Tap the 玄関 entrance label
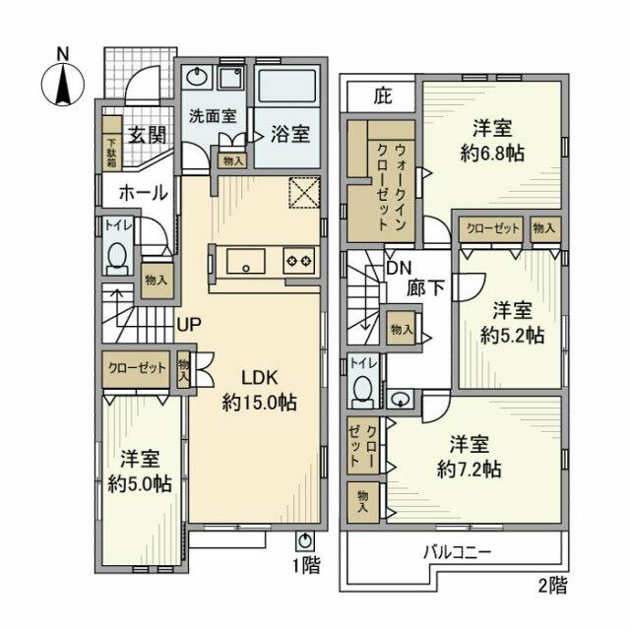pyautogui.click(x=145, y=136)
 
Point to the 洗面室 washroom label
pyautogui.click(x=212, y=114)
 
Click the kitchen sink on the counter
pyautogui.click(x=243, y=261)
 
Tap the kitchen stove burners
pyautogui.click(x=298, y=261)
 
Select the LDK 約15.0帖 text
pyautogui.click(x=259, y=390)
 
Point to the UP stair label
pyautogui.click(x=190, y=323)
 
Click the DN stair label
pyautogui.click(x=398, y=268)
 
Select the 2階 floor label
pyautogui.click(x=552, y=587)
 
